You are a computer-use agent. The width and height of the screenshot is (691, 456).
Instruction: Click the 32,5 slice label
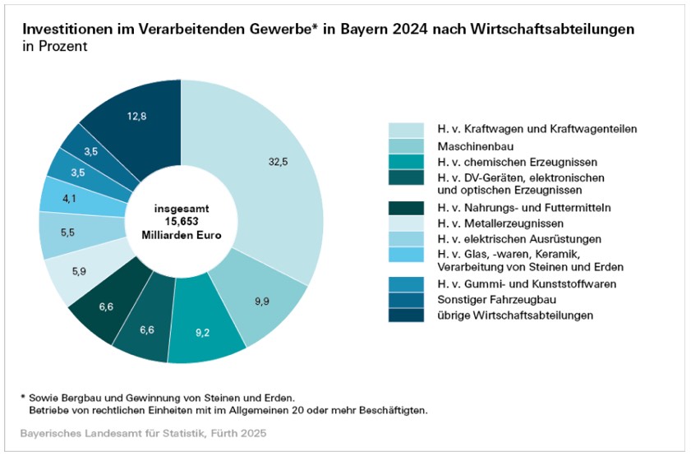coord(279,162)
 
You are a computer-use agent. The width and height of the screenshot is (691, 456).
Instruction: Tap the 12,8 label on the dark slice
coord(137,117)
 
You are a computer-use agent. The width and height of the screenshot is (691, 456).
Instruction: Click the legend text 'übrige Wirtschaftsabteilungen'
coord(514,315)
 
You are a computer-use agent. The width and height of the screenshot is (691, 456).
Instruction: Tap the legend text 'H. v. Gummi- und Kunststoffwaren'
coord(526,283)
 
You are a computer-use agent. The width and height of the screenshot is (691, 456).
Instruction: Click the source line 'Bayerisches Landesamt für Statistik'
coord(119,432)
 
